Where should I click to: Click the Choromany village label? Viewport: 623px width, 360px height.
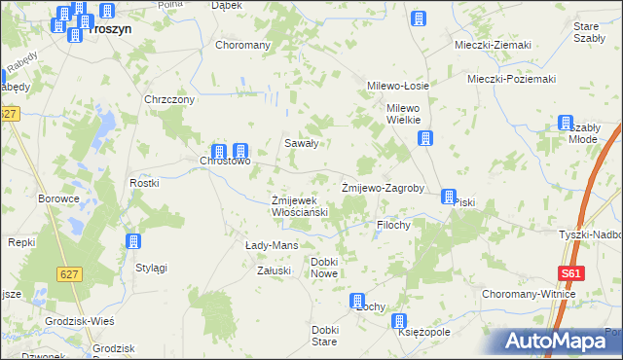242,46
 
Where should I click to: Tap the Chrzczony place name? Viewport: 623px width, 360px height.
170,99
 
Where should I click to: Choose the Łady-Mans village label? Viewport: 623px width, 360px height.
271,245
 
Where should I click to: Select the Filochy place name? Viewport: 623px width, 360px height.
393,225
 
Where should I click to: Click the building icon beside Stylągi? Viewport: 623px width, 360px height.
134,242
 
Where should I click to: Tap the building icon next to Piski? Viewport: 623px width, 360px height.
448,196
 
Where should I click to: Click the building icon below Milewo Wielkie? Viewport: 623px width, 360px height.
424,138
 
